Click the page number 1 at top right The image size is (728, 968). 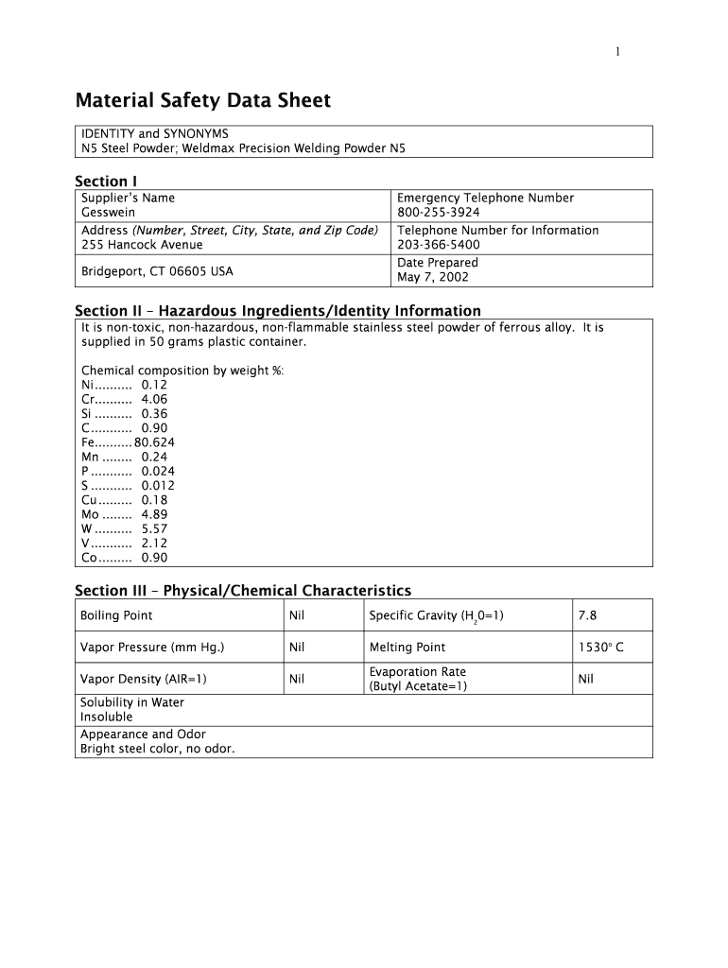(x=617, y=52)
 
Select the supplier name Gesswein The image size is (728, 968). (x=109, y=213)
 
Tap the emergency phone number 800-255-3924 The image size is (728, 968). (x=439, y=213)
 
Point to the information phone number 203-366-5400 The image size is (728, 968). (x=439, y=245)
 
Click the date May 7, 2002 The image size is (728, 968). (x=433, y=277)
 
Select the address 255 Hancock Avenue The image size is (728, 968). (x=142, y=245)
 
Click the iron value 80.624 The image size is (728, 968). (x=155, y=441)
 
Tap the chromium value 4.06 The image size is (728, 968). (x=154, y=399)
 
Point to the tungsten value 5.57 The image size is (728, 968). (x=154, y=528)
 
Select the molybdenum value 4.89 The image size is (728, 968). (x=154, y=514)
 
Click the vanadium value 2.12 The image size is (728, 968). (x=154, y=543)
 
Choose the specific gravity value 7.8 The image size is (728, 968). (x=587, y=615)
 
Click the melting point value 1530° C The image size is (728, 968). (x=600, y=648)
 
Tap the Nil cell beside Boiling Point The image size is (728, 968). (x=297, y=615)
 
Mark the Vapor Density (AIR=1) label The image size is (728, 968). (x=144, y=679)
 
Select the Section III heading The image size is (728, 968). (x=243, y=591)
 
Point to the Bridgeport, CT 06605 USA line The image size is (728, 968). (x=157, y=271)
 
